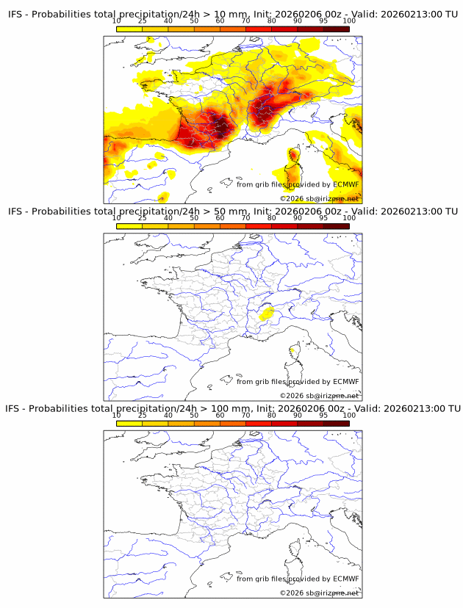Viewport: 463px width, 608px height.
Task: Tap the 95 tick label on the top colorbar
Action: tap(323, 21)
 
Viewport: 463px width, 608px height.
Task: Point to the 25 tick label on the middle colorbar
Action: tap(143, 217)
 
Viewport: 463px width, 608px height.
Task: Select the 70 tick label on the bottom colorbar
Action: tap(246, 414)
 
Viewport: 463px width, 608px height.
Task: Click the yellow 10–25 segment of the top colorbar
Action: tap(129, 29)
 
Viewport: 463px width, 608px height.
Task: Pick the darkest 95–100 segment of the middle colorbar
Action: tap(337, 225)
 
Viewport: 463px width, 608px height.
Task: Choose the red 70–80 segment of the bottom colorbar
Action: tap(259, 422)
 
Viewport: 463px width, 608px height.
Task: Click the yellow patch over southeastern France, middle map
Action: tap(267, 314)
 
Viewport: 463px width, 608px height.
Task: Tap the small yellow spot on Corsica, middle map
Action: tap(292, 350)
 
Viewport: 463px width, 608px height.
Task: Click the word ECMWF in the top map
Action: tap(345, 184)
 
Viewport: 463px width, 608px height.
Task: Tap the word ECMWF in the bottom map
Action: tap(345, 578)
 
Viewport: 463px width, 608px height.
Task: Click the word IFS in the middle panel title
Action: tap(15, 211)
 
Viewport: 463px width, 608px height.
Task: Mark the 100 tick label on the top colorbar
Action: tap(350, 21)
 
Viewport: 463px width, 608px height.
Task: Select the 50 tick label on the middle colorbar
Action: tap(194, 217)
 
